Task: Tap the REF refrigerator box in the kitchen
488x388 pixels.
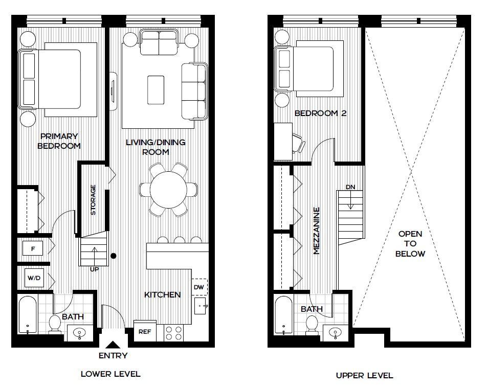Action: click(x=144, y=331)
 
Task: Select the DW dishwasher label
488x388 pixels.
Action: click(x=199, y=287)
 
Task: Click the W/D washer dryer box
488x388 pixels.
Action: click(x=34, y=279)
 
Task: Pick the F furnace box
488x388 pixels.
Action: click(x=33, y=249)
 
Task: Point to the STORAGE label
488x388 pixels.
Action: click(x=93, y=199)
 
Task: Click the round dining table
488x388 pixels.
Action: click(x=169, y=189)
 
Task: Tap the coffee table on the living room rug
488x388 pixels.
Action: click(x=156, y=83)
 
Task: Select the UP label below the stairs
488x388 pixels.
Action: click(x=94, y=269)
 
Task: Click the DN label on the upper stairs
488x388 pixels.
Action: click(x=350, y=187)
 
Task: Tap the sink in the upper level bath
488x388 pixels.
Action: click(x=335, y=332)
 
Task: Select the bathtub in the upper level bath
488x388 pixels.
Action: click(x=283, y=315)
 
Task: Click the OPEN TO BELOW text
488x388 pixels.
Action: click(x=410, y=243)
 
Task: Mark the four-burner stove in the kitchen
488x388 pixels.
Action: click(x=174, y=332)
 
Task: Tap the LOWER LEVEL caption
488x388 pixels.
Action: click(x=110, y=374)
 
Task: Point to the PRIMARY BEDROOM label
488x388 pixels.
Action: click(x=60, y=141)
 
